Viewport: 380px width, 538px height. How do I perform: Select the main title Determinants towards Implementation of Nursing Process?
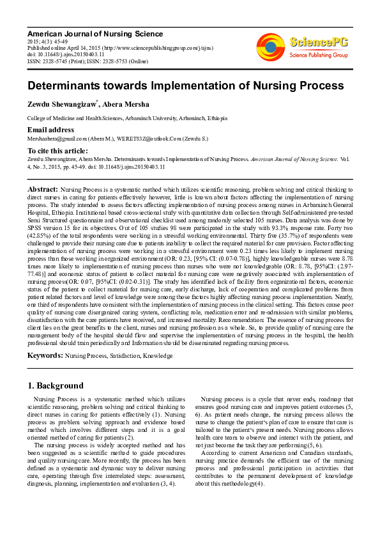176,86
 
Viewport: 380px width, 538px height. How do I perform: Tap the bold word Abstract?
42,172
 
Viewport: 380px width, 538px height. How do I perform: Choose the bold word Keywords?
45,354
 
